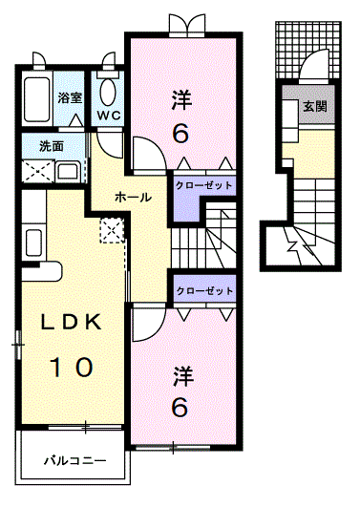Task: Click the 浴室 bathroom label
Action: tap(70, 97)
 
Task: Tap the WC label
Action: tap(109, 116)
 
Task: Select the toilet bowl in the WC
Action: tap(107, 93)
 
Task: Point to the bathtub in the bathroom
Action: tap(37, 99)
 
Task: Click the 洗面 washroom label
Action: tap(52, 146)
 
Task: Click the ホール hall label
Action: tap(133, 197)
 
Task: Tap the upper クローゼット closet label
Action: tap(203, 185)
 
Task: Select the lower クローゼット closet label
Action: tap(204, 290)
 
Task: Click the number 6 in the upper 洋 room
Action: tap(180, 134)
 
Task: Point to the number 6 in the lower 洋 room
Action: tap(180, 407)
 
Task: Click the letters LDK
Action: tap(71, 322)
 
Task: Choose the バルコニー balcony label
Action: tap(75, 460)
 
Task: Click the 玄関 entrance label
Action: tap(315, 106)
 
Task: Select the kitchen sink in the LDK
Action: tap(33, 242)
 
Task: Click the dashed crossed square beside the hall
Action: tap(112, 230)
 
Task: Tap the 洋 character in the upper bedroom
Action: tap(182, 99)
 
